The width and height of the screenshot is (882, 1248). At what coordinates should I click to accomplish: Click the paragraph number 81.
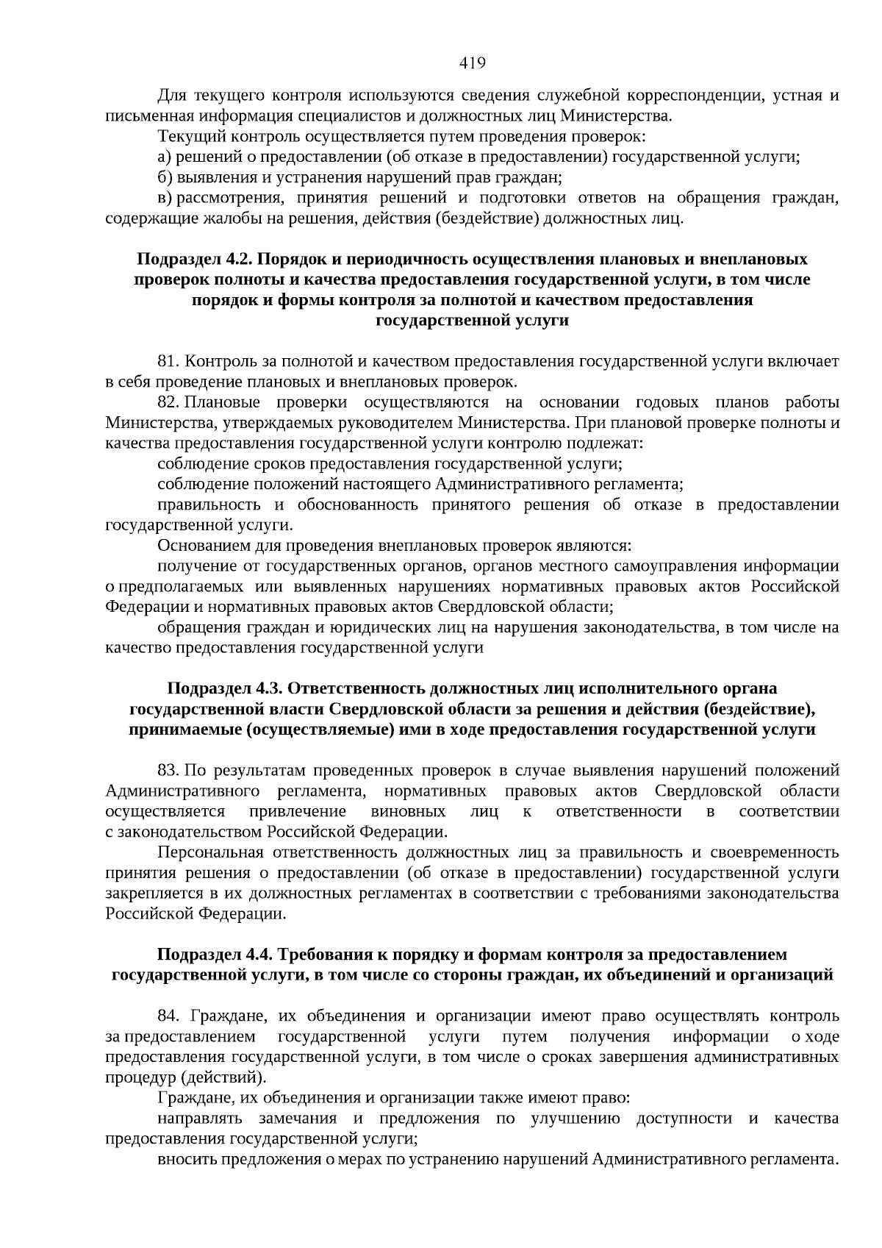coord(168,361)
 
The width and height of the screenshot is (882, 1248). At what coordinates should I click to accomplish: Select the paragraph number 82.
coord(168,402)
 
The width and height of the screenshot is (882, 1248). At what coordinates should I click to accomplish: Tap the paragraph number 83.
coord(168,770)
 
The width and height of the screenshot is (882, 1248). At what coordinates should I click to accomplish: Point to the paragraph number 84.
coord(168,1016)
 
